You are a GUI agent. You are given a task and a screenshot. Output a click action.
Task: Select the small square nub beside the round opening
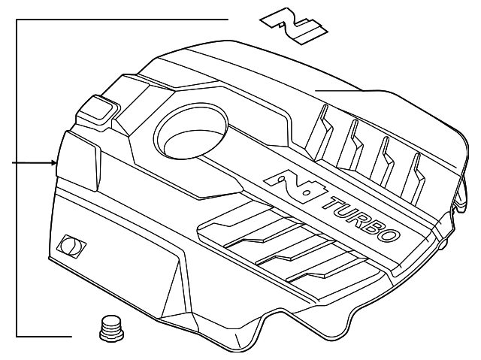click(x=96, y=112)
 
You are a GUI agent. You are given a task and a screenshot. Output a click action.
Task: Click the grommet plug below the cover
click(x=111, y=330)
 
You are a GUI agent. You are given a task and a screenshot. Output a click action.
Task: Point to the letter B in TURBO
click(x=368, y=223)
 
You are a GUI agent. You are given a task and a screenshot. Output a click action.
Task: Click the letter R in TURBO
click(x=352, y=214)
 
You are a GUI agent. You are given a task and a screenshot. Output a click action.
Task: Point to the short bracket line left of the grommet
click(x=45, y=334)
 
